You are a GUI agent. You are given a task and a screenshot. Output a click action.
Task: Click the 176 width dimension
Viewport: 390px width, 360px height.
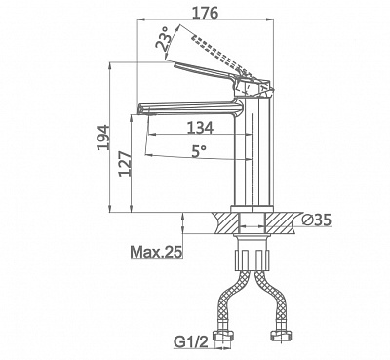pos(206,13)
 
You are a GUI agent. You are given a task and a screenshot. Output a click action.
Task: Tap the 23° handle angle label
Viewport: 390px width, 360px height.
pos(164,38)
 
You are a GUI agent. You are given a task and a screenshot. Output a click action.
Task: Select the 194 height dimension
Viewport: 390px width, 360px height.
pos(103,137)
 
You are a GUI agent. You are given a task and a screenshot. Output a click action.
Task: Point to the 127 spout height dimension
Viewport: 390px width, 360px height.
pos(126,163)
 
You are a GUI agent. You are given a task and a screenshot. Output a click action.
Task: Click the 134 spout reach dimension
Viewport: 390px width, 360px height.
pos(200,128)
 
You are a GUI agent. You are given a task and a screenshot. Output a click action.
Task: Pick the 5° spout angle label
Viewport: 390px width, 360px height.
pos(199,151)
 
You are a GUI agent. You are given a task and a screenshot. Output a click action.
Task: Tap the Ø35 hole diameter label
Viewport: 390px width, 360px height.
pos(316,220)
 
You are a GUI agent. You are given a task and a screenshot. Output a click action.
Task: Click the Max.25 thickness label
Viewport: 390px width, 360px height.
pos(156,252)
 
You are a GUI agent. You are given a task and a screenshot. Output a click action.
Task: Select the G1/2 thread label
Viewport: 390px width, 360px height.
pos(191,342)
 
